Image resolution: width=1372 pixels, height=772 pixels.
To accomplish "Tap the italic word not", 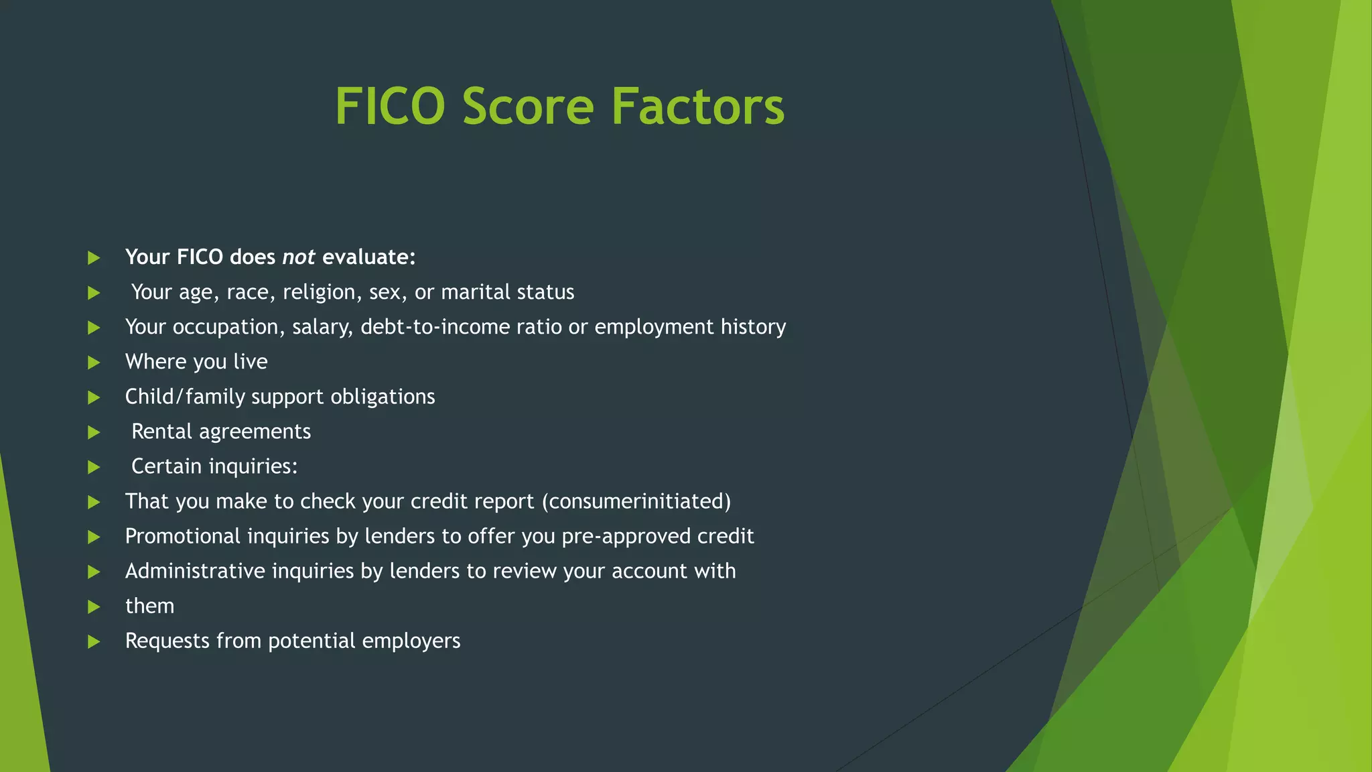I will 298,257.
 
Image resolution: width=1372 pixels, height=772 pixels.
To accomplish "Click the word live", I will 251,362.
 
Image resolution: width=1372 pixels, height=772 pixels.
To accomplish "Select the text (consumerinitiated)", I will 636,501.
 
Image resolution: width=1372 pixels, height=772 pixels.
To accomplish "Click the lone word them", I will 149,606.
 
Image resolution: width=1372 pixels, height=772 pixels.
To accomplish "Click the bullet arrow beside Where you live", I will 94,363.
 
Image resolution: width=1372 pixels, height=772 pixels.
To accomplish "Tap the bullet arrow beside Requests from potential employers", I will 94,641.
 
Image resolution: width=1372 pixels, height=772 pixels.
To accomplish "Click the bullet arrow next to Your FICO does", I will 94,258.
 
